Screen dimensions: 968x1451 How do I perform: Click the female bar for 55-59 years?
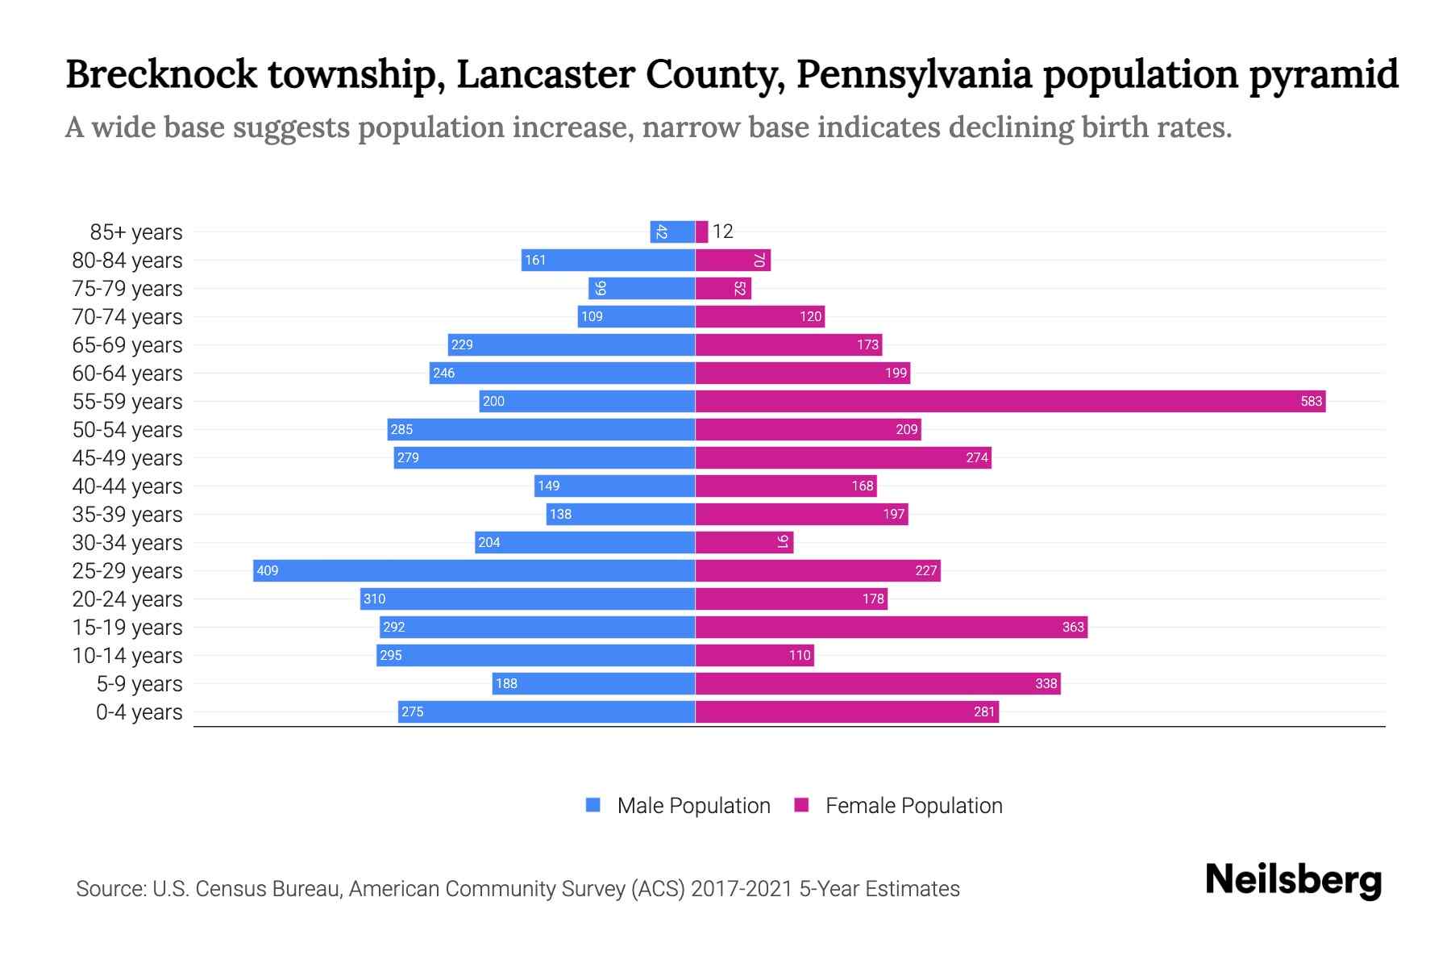pyautogui.click(x=1010, y=401)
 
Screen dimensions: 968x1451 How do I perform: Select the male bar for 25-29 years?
pyautogui.click(x=474, y=570)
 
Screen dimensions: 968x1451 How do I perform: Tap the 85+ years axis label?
pyautogui.click(x=135, y=232)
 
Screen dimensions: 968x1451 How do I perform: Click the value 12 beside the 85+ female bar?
pyautogui.click(x=722, y=232)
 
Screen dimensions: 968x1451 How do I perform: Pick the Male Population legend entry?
pyautogui.click(x=677, y=805)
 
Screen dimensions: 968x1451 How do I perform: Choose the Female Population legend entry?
pyautogui.click(x=898, y=805)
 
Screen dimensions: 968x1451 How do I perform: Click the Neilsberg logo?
pyautogui.click(x=1293, y=879)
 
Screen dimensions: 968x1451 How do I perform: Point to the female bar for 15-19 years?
pyautogui.click(x=891, y=627)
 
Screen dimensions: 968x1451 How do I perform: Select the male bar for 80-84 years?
pyautogui.click(x=608, y=260)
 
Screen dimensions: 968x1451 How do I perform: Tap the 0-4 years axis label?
pyautogui.click(x=139, y=712)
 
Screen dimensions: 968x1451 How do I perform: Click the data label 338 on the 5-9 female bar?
pyautogui.click(x=1046, y=683)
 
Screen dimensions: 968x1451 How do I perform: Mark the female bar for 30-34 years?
pyautogui.click(x=744, y=542)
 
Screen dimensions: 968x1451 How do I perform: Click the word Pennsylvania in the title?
pyautogui.click(x=913, y=74)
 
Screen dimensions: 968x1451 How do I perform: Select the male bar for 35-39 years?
pyautogui.click(x=621, y=514)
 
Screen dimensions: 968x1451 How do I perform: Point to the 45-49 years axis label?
pyautogui.click(x=127, y=458)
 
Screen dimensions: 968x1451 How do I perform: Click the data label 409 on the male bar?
pyautogui.click(x=267, y=570)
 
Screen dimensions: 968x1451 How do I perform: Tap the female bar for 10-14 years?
pyautogui.click(x=755, y=655)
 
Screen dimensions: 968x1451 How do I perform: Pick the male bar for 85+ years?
pyautogui.click(x=672, y=232)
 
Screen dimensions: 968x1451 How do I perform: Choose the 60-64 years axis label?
pyautogui.click(x=127, y=373)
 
